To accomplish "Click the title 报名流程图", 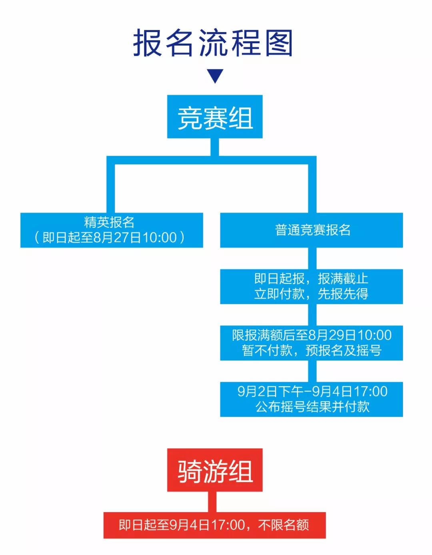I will tap(213, 43).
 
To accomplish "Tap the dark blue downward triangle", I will tap(215, 76).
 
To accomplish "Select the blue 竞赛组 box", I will tap(215, 117).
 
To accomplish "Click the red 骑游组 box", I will tap(215, 470).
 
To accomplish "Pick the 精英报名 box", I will tap(112, 230).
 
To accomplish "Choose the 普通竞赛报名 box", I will tap(312, 230).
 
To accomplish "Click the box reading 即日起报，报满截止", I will tap(312, 287).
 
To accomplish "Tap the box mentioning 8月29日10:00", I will tap(312, 343).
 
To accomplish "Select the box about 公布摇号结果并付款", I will tap(312, 399).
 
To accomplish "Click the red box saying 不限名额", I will tap(214, 525).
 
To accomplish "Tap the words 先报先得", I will tap(343, 294).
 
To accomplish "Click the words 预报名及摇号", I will tap(343, 351).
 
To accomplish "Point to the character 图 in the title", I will tap(279, 43).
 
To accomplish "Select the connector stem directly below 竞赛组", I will tap(215, 147).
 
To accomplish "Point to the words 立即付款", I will tap(280, 294).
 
